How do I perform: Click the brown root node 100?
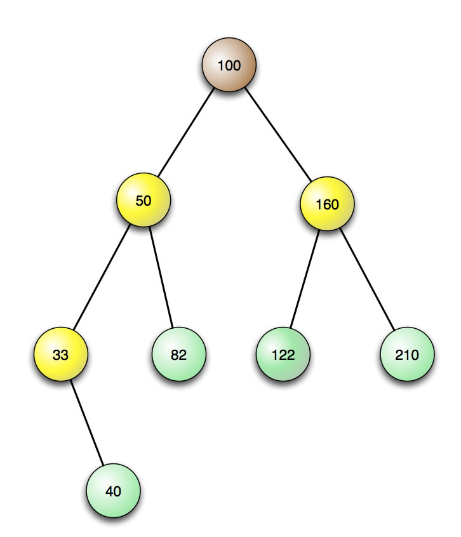[x=229, y=65]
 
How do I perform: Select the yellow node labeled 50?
[x=144, y=201]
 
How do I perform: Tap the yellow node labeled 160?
[x=327, y=204]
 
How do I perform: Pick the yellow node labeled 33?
[x=60, y=355]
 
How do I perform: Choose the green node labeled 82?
[x=178, y=355]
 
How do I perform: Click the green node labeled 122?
[x=283, y=355]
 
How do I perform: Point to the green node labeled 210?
[x=407, y=355]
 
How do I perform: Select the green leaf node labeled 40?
[x=113, y=491]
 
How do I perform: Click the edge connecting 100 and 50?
[x=185, y=133]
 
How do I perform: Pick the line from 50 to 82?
[x=161, y=278]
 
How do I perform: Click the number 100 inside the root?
[x=229, y=65]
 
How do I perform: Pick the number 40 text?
[x=113, y=491]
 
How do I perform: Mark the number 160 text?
[x=327, y=205]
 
